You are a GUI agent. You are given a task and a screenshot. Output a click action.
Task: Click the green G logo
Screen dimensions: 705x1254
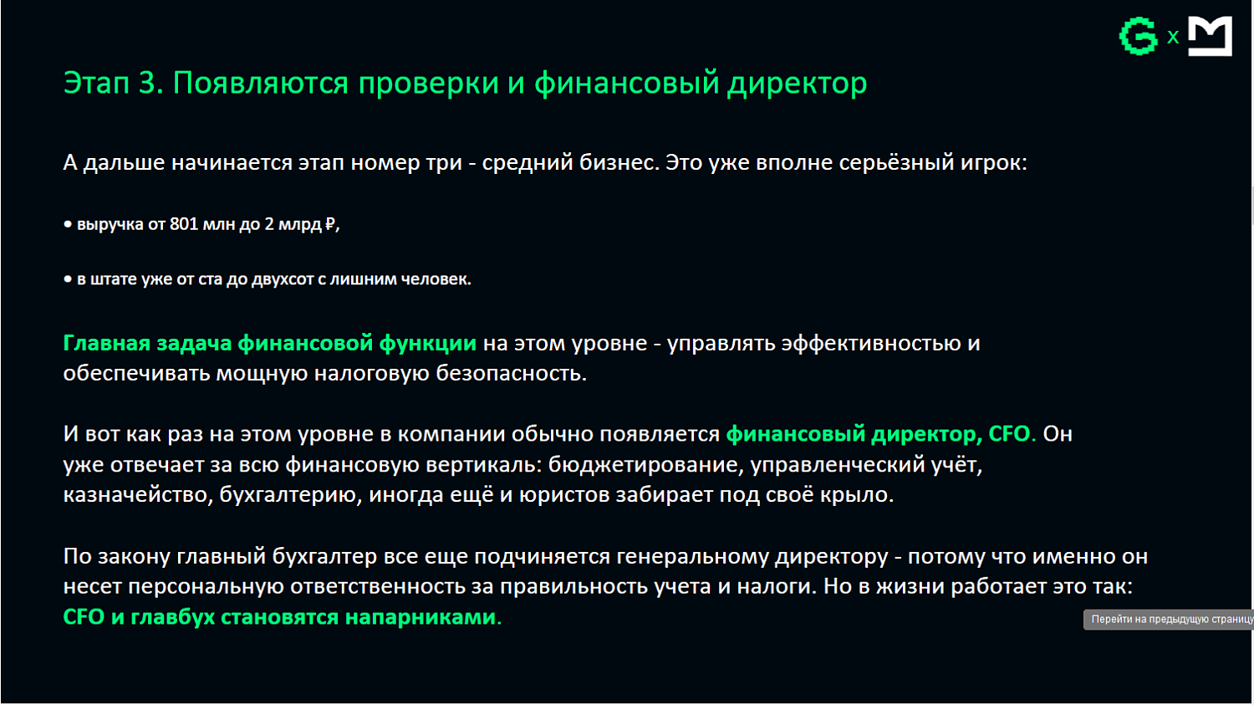point(1138,37)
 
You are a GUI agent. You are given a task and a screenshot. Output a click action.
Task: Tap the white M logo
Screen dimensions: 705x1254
point(1210,37)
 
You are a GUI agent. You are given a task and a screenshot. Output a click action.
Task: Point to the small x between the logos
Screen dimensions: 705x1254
point(1173,38)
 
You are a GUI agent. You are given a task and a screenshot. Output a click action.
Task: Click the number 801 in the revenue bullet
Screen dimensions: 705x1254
point(184,224)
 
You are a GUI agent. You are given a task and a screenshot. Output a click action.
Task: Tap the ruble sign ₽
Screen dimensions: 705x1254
point(330,224)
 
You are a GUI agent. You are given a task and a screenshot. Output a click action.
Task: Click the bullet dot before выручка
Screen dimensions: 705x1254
point(68,224)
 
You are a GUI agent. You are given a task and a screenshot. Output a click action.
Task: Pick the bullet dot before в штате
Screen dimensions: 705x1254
point(68,279)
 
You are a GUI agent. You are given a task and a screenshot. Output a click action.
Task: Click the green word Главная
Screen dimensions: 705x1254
point(105,343)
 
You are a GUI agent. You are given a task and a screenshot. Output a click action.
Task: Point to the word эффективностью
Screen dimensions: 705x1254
point(871,343)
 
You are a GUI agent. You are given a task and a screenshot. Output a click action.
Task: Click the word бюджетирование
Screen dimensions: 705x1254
point(645,464)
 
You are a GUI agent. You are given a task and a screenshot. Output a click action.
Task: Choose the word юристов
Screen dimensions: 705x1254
point(566,495)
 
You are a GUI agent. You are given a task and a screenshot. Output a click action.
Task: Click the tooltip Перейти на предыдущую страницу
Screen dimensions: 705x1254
point(1170,620)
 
